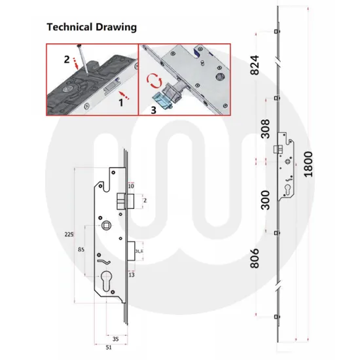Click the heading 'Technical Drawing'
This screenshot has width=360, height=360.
pos(91,27)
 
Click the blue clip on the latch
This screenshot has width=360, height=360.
pos(162,98)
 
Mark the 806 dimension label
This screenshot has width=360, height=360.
pos(257,261)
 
